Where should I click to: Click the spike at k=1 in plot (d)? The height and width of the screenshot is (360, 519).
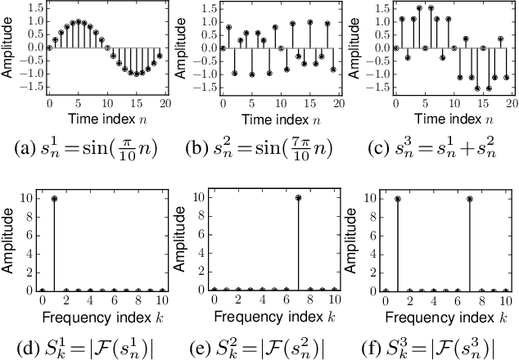pos(54,197)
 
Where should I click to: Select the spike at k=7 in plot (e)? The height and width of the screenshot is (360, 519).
pos(298,197)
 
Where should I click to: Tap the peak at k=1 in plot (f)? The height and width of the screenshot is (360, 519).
pos(397,197)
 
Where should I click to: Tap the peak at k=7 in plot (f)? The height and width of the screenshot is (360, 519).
pos(469,197)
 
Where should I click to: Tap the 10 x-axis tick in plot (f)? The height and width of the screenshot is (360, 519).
pos(505,303)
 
